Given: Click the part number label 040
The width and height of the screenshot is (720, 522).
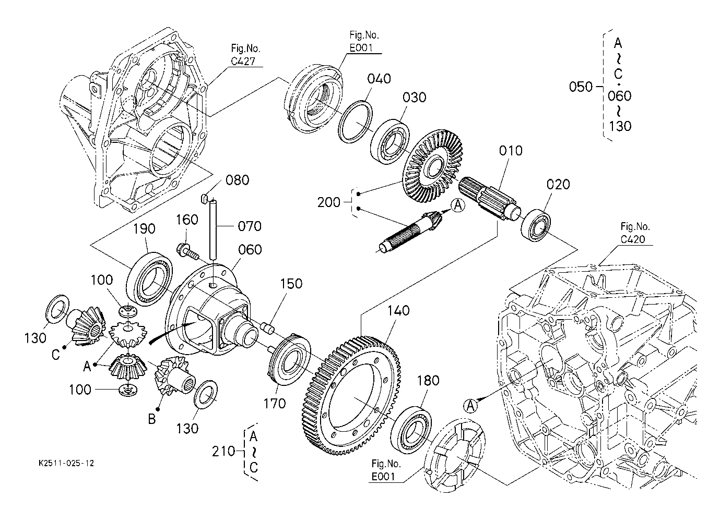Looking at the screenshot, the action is (379, 79).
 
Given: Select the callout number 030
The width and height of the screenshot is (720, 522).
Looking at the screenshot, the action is (415, 98).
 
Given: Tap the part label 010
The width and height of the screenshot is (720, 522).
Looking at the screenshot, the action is (511, 151).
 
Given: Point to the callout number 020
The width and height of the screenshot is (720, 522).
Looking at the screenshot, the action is (558, 185).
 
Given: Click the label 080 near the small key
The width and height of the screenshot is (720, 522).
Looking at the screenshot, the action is (237, 180).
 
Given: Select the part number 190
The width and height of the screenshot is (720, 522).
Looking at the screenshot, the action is (144, 229).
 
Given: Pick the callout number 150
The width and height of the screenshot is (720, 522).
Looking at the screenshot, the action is (291, 284).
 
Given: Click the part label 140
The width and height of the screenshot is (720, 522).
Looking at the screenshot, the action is (398, 311).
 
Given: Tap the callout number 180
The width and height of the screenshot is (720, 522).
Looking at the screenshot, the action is (428, 381).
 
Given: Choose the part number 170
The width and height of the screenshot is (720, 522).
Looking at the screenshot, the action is (275, 404).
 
